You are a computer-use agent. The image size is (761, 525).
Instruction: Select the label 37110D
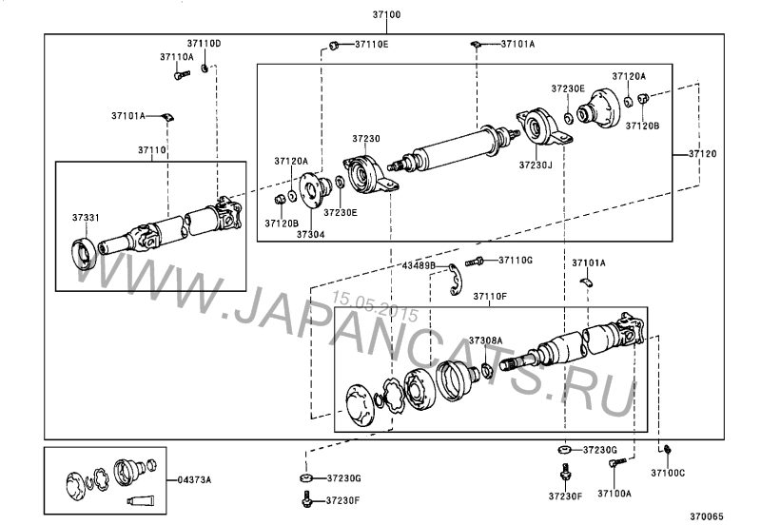pyautogui.click(x=203, y=44)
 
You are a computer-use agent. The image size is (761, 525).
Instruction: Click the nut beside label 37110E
pyautogui.click(x=334, y=44)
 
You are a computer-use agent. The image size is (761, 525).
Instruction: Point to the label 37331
pyautogui.click(x=85, y=218)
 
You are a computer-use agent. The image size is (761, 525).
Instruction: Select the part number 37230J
pyautogui.click(x=536, y=164)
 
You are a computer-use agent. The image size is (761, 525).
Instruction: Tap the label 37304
pyautogui.click(x=310, y=234)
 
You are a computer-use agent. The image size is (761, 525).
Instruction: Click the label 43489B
pyautogui.click(x=418, y=265)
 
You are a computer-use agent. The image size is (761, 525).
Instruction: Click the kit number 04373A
pyautogui.click(x=195, y=479)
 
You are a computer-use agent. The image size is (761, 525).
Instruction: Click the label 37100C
pyautogui.click(x=668, y=472)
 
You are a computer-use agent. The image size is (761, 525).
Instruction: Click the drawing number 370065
pyautogui.click(x=707, y=516)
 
